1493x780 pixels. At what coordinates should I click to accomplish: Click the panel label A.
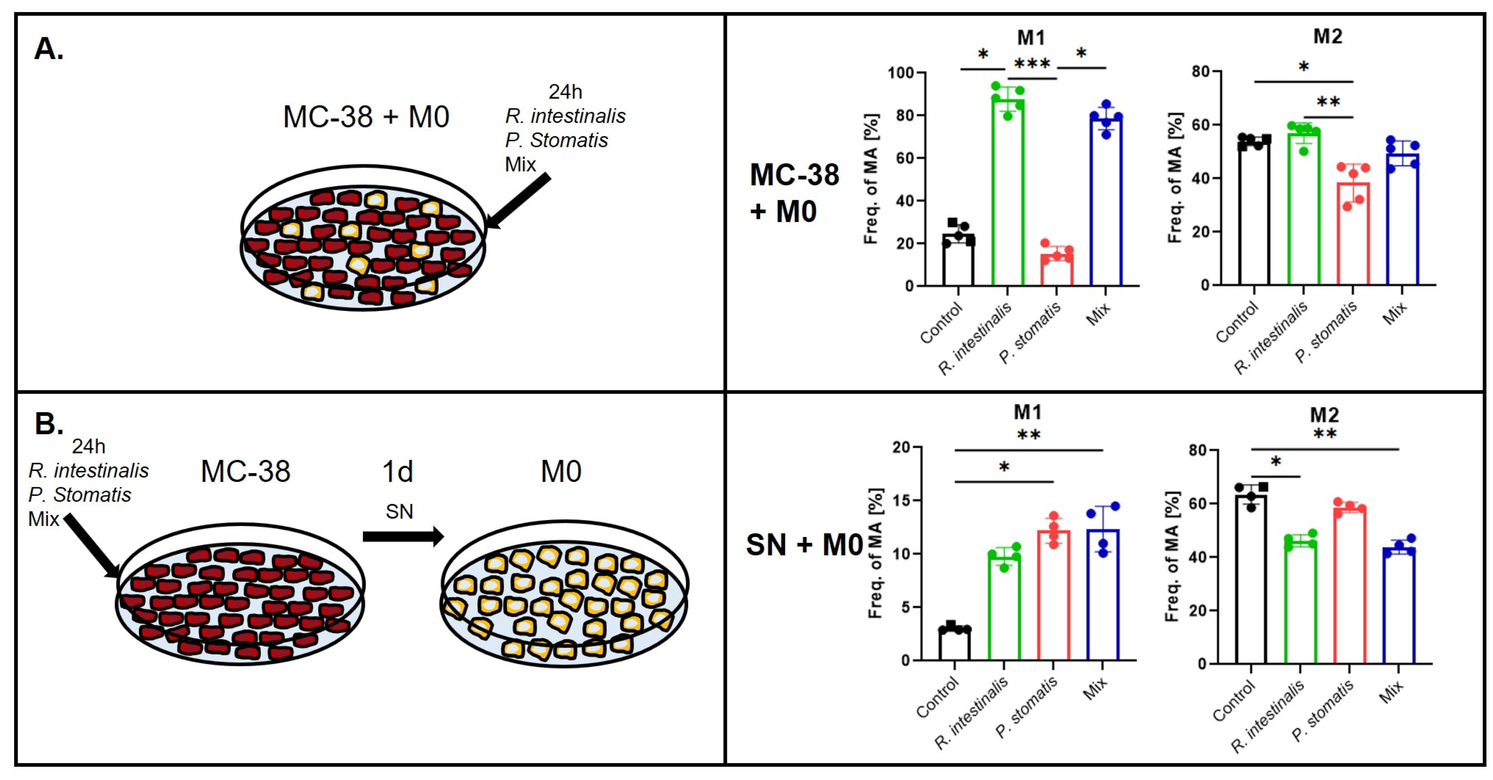coord(49,49)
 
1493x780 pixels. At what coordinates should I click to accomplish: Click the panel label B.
coord(49,424)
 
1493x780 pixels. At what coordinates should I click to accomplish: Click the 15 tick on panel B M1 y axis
coord(903,501)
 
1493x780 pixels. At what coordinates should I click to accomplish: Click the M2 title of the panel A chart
coord(1327,36)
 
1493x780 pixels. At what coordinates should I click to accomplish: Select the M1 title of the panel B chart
coord(1028,412)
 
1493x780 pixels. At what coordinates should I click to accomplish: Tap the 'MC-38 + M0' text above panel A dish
coord(366,117)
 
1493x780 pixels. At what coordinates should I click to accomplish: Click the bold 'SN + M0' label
coord(804,545)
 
